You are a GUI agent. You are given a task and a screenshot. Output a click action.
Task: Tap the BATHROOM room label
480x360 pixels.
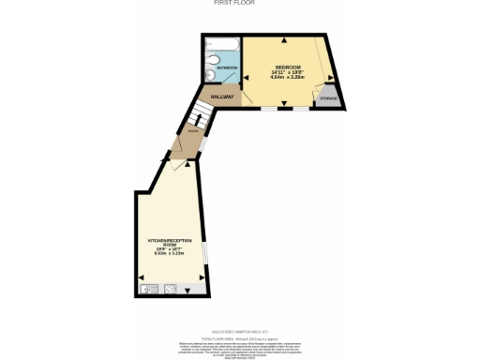point(225,68)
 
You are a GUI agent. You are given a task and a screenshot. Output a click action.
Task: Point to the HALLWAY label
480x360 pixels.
point(221,97)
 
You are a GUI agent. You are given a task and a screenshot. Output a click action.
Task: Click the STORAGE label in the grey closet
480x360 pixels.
point(328,97)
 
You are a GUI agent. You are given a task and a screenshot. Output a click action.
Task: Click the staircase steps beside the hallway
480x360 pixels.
point(197,118)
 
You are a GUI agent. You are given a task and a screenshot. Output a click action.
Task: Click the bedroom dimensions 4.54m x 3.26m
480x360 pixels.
point(286,78)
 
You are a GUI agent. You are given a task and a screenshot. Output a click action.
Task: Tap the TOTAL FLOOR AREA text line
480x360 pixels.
point(241,335)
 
